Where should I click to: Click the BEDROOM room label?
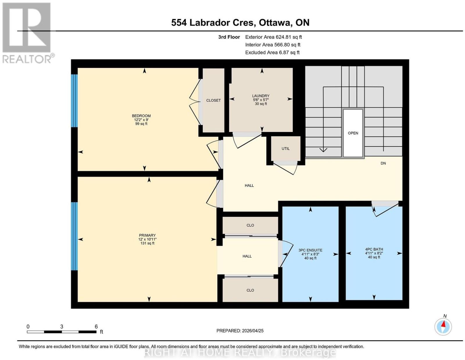pos(141,116)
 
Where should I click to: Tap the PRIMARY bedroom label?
pos(147,235)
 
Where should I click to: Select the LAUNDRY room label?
pos(261,96)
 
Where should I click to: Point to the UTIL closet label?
pos(285,148)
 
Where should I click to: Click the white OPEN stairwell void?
pos(353,133)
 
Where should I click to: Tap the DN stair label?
pos(383,163)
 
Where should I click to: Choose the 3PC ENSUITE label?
pos(310,250)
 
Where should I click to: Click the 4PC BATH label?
pos(374,249)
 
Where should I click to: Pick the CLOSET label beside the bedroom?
pos(213,100)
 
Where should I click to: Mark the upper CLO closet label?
pos(250,225)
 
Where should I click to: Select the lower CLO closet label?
pos(250,290)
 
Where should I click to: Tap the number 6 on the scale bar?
pos(96,327)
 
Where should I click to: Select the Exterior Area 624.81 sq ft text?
pos(273,37)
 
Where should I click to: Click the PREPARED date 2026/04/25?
pos(253,331)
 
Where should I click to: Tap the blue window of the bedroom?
pos(74,101)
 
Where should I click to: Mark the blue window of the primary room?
pos(74,236)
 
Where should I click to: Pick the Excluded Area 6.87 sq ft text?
pos(272,52)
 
